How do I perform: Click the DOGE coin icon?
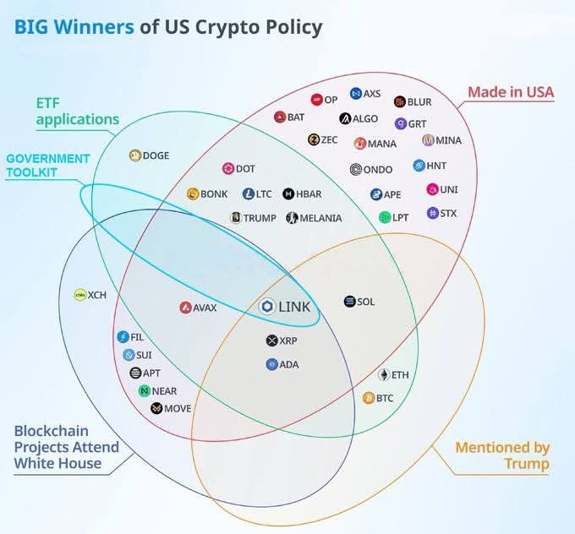[x=134, y=155]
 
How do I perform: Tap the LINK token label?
[x=294, y=306]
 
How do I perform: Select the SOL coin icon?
[x=350, y=302]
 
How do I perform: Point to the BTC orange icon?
[x=369, y=398]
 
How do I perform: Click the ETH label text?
[x=399, y=375]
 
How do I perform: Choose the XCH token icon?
[x=80, y=296]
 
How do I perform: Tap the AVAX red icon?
[x=185, y=308]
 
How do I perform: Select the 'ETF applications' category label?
[x=77, y=111]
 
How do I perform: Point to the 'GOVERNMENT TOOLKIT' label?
[x=48, y=165]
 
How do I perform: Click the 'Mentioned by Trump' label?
[x=502, y=455]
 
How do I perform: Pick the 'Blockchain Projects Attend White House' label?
[x=66, y=446]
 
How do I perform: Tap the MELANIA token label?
[x=320, y=218]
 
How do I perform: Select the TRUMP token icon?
[x=236, y=218]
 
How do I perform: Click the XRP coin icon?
[x=271, y=341]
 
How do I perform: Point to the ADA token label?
[x=289, y=365]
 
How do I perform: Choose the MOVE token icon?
[x=156, y=409]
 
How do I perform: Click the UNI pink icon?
[x=432, y=189]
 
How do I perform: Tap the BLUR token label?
[x=419, y=102]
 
